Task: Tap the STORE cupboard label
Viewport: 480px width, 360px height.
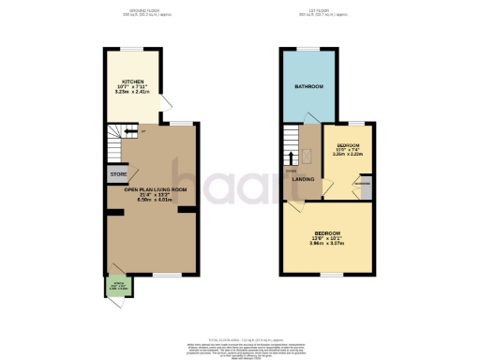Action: (x=118, y=173)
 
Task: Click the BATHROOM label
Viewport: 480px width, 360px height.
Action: (x=308, y=86)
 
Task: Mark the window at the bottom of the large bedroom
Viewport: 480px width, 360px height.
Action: (x=327, y=273)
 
